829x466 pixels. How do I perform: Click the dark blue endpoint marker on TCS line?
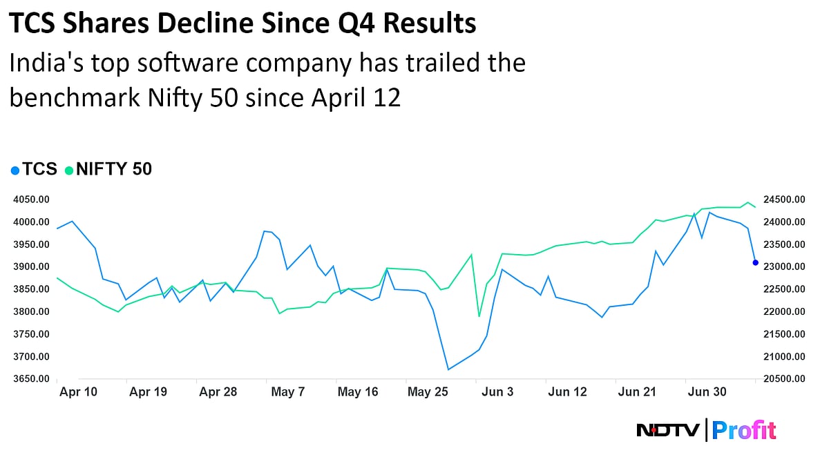click(x=755, y=262)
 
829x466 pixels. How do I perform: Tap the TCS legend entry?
click(x=34, y=169)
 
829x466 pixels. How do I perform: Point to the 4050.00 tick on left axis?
click(x=30, y=200)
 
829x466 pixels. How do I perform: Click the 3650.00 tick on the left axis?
click(x=30, y=379)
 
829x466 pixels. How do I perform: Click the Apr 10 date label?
click(x=79, y=392)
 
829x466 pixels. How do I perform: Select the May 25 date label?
click(x=428, y=392)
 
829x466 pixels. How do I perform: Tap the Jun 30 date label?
click(x=707, y=392)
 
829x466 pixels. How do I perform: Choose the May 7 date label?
click(x=288, y=392)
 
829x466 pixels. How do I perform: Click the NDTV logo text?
click(x=667, y=431)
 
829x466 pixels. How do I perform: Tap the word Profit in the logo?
click(x=744, y=431)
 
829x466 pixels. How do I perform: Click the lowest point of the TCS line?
click(x=448, y=369)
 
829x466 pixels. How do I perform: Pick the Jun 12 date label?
click(x=567, y=392)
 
